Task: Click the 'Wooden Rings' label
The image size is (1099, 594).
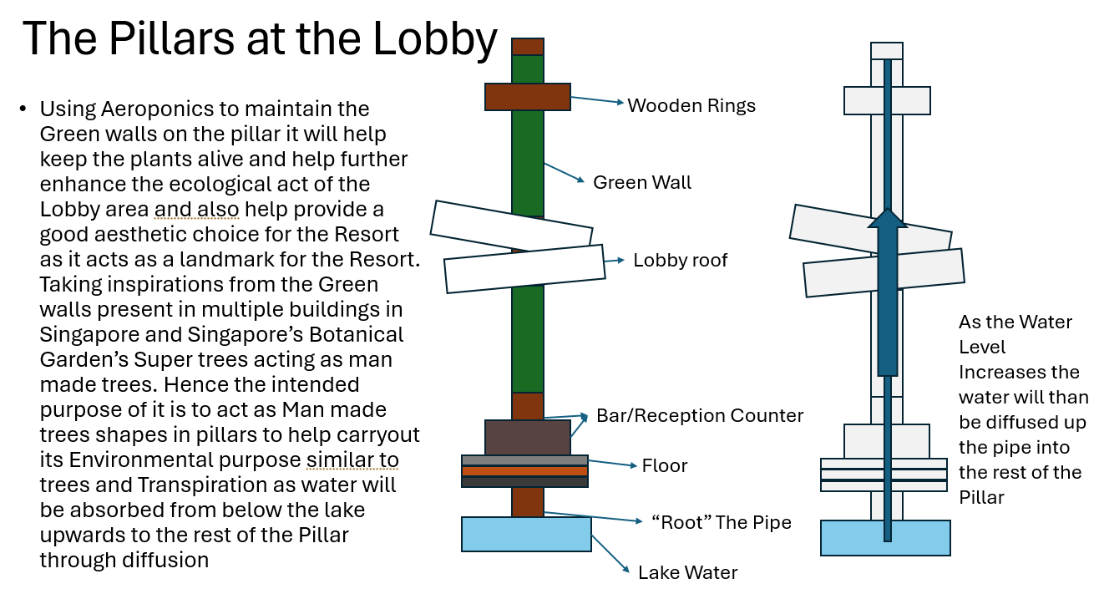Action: point(691,106)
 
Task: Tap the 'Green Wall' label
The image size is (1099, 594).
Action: point(642,182)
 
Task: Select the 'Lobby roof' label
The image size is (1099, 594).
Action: point(680,261)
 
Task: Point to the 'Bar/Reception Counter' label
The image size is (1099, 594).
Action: point(700,415)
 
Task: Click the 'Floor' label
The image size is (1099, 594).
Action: point(664,465)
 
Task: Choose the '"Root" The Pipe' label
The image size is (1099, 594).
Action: point(721,523)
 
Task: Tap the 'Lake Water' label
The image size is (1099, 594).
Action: point(687,572)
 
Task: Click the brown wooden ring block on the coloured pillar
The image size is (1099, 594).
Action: point(527,97)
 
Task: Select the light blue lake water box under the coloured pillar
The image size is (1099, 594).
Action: point(526,534)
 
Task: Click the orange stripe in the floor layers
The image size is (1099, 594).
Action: point(524,471)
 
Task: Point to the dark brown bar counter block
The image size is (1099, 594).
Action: point(527,438)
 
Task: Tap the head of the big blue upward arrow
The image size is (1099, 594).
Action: point(887,218)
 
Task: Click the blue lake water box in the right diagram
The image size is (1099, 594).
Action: point(885,538)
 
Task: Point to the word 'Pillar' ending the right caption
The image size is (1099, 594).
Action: point(981,498)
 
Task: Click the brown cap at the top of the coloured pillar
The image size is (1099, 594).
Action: point(528,47)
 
